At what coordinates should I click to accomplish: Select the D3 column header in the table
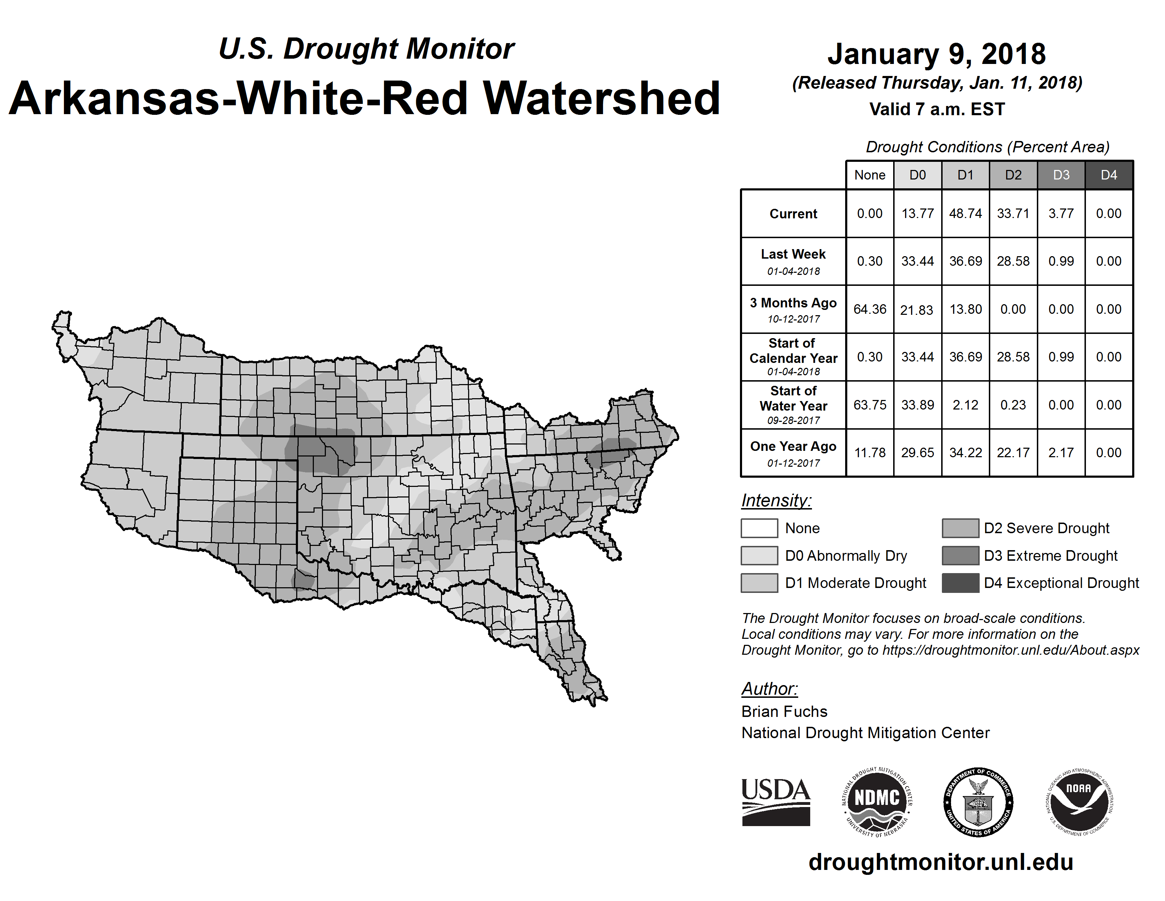[1061, 175]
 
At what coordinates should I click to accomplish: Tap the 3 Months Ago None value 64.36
[870, 309]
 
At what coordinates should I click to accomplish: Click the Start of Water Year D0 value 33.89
[918, 405]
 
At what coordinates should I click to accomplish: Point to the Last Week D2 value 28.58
[1013, 261]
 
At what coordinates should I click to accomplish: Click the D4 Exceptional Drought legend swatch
[960, 583]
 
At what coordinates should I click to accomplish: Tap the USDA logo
[776, 802]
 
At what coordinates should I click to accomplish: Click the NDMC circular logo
[877, 802]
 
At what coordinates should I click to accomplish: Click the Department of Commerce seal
[978, 802]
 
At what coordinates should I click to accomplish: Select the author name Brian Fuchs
[784, 712]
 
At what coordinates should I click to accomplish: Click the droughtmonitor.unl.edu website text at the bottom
[941, 862]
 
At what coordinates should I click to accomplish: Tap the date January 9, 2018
[937, 54]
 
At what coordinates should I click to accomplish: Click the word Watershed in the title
[601, 98]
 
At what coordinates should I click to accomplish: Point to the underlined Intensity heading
[776, 501]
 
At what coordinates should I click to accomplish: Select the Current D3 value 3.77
[1061, 213]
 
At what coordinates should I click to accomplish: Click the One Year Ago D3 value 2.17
[1061, 453]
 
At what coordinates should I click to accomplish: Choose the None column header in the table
[870, 175]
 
